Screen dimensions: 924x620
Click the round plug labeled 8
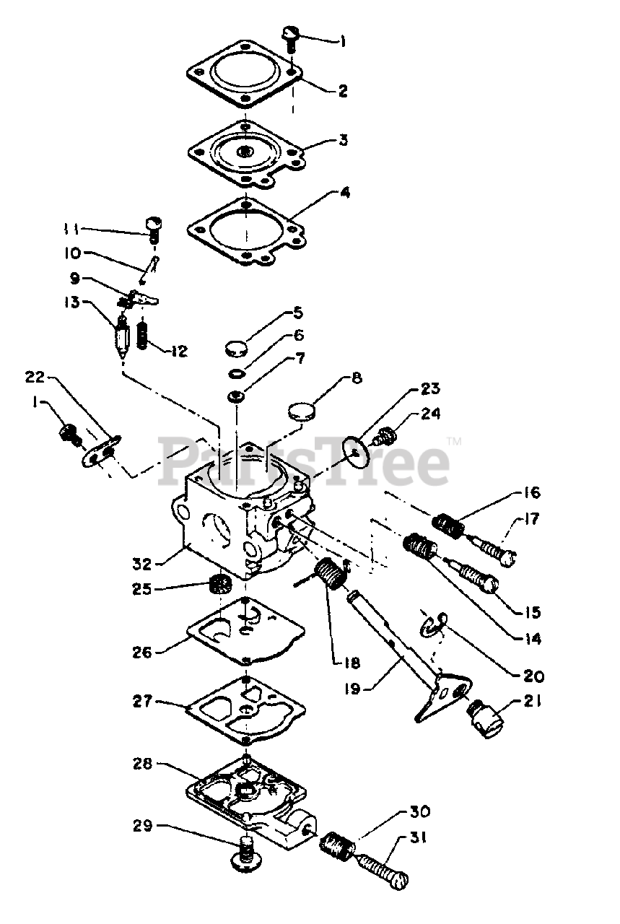point(303,412)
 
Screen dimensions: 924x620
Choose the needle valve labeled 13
point(122,339)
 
